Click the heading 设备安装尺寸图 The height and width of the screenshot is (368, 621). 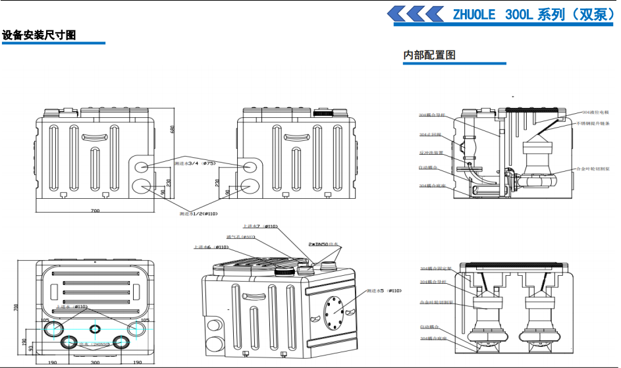coord(40,35)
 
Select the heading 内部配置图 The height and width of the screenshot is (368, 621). coord(429,55)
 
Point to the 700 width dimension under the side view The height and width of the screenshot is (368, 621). coord(95,211)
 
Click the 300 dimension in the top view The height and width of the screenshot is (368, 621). coord(95,363)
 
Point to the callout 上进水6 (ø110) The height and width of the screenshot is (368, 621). coord(211,248)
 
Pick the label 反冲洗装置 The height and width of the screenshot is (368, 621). coord(431,153)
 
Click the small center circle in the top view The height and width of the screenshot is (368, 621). coord(95,327)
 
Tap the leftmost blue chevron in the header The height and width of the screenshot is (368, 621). coord(398,14)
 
